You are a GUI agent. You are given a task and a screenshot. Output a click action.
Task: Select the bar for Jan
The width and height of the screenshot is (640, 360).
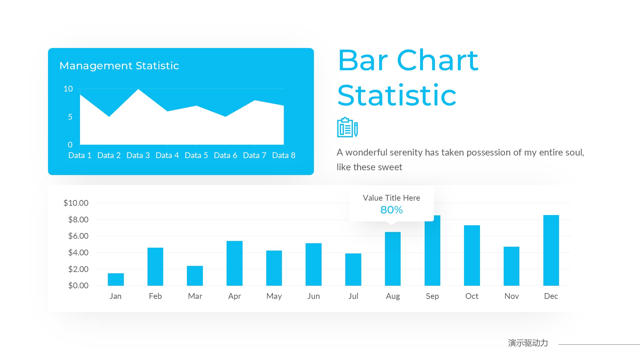pyautogui.click(x=116, y=279)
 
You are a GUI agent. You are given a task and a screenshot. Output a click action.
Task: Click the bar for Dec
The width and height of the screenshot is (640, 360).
pyautogui.click(x=551, y=250)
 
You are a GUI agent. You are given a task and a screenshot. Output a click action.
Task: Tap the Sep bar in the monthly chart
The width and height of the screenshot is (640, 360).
pyautogui.click(x=432, y=251)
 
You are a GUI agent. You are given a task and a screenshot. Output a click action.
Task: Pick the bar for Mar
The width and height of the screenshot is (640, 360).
pyautogui.click(x=195, y=276)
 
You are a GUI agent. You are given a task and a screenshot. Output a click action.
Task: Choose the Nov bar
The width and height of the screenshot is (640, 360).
pyautogui.click(x=511, y=266)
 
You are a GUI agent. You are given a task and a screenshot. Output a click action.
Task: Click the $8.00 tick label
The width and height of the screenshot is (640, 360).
pyautogui.click(x=78, y=220)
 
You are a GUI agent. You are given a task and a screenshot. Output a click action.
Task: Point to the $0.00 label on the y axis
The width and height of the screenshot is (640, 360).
pyautogui.click(x=78, y=285)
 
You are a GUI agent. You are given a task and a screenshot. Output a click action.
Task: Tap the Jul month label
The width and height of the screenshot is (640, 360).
pyautogui.click(x=353, y=296)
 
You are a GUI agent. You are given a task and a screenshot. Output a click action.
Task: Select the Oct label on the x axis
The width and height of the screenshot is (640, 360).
pyautogui.click(x=472, y=296)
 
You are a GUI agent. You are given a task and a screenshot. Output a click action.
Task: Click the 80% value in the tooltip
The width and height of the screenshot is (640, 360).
pyautogui.click(x=391, y=210)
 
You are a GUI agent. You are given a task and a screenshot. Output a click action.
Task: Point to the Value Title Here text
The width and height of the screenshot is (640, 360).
pyautogui.click(x=391, y=198)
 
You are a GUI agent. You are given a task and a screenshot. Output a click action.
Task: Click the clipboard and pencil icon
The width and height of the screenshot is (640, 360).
pyautogui.click(x=348, y=127)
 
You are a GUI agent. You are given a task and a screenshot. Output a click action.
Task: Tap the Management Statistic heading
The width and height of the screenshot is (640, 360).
pyautogui.click(x=119, y=66)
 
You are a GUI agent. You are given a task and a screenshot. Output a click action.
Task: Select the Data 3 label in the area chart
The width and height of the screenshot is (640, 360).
pyautogui.click(x=138, y=155)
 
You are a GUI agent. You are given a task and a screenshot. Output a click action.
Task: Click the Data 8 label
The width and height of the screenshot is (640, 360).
pyautogui.click(x=284, y=155)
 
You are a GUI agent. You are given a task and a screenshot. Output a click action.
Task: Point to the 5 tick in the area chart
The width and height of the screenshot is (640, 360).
pyautogui.click(x=70, y=117)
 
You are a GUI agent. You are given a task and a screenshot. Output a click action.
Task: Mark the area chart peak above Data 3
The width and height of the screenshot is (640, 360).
pyautogui.click(x=138, y=89)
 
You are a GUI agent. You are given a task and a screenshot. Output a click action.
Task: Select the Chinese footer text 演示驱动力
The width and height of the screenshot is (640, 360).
pyautogui.click(x=528, y=343)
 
